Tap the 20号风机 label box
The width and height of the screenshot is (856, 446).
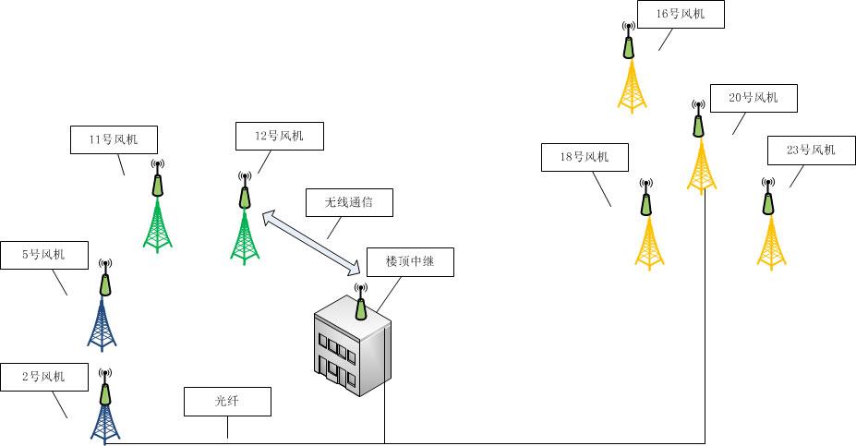click(753, 98)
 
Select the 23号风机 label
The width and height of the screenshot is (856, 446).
click(810, 151)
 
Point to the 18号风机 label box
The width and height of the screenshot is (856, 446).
click(584, 158)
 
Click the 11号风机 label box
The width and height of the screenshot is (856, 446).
click(114, 139)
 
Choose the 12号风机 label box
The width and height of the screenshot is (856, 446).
click(279, 137)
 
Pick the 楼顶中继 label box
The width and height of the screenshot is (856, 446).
click(409, 262)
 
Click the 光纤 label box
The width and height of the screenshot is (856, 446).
click(227, 402)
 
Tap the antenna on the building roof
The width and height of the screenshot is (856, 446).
click(361, 301)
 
